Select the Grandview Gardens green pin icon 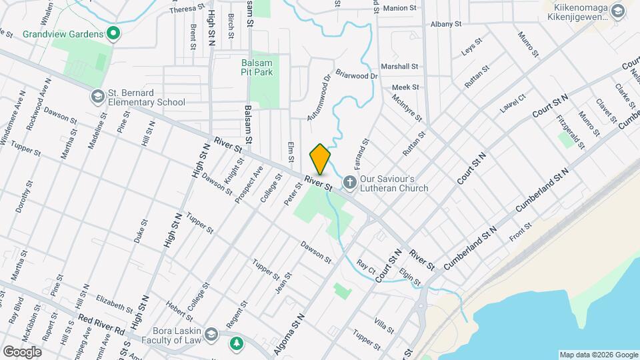point(113,33)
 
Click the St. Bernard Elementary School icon point(98,97)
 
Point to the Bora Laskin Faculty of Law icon point(211,333)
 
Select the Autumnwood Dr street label point(319,97)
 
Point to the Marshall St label point(399,67)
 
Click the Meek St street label point(405,87)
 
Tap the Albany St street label point(446,24)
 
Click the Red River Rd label point(101,325)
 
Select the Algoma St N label point(289,335)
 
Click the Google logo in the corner point(23,352)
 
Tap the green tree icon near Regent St point(235,344)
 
